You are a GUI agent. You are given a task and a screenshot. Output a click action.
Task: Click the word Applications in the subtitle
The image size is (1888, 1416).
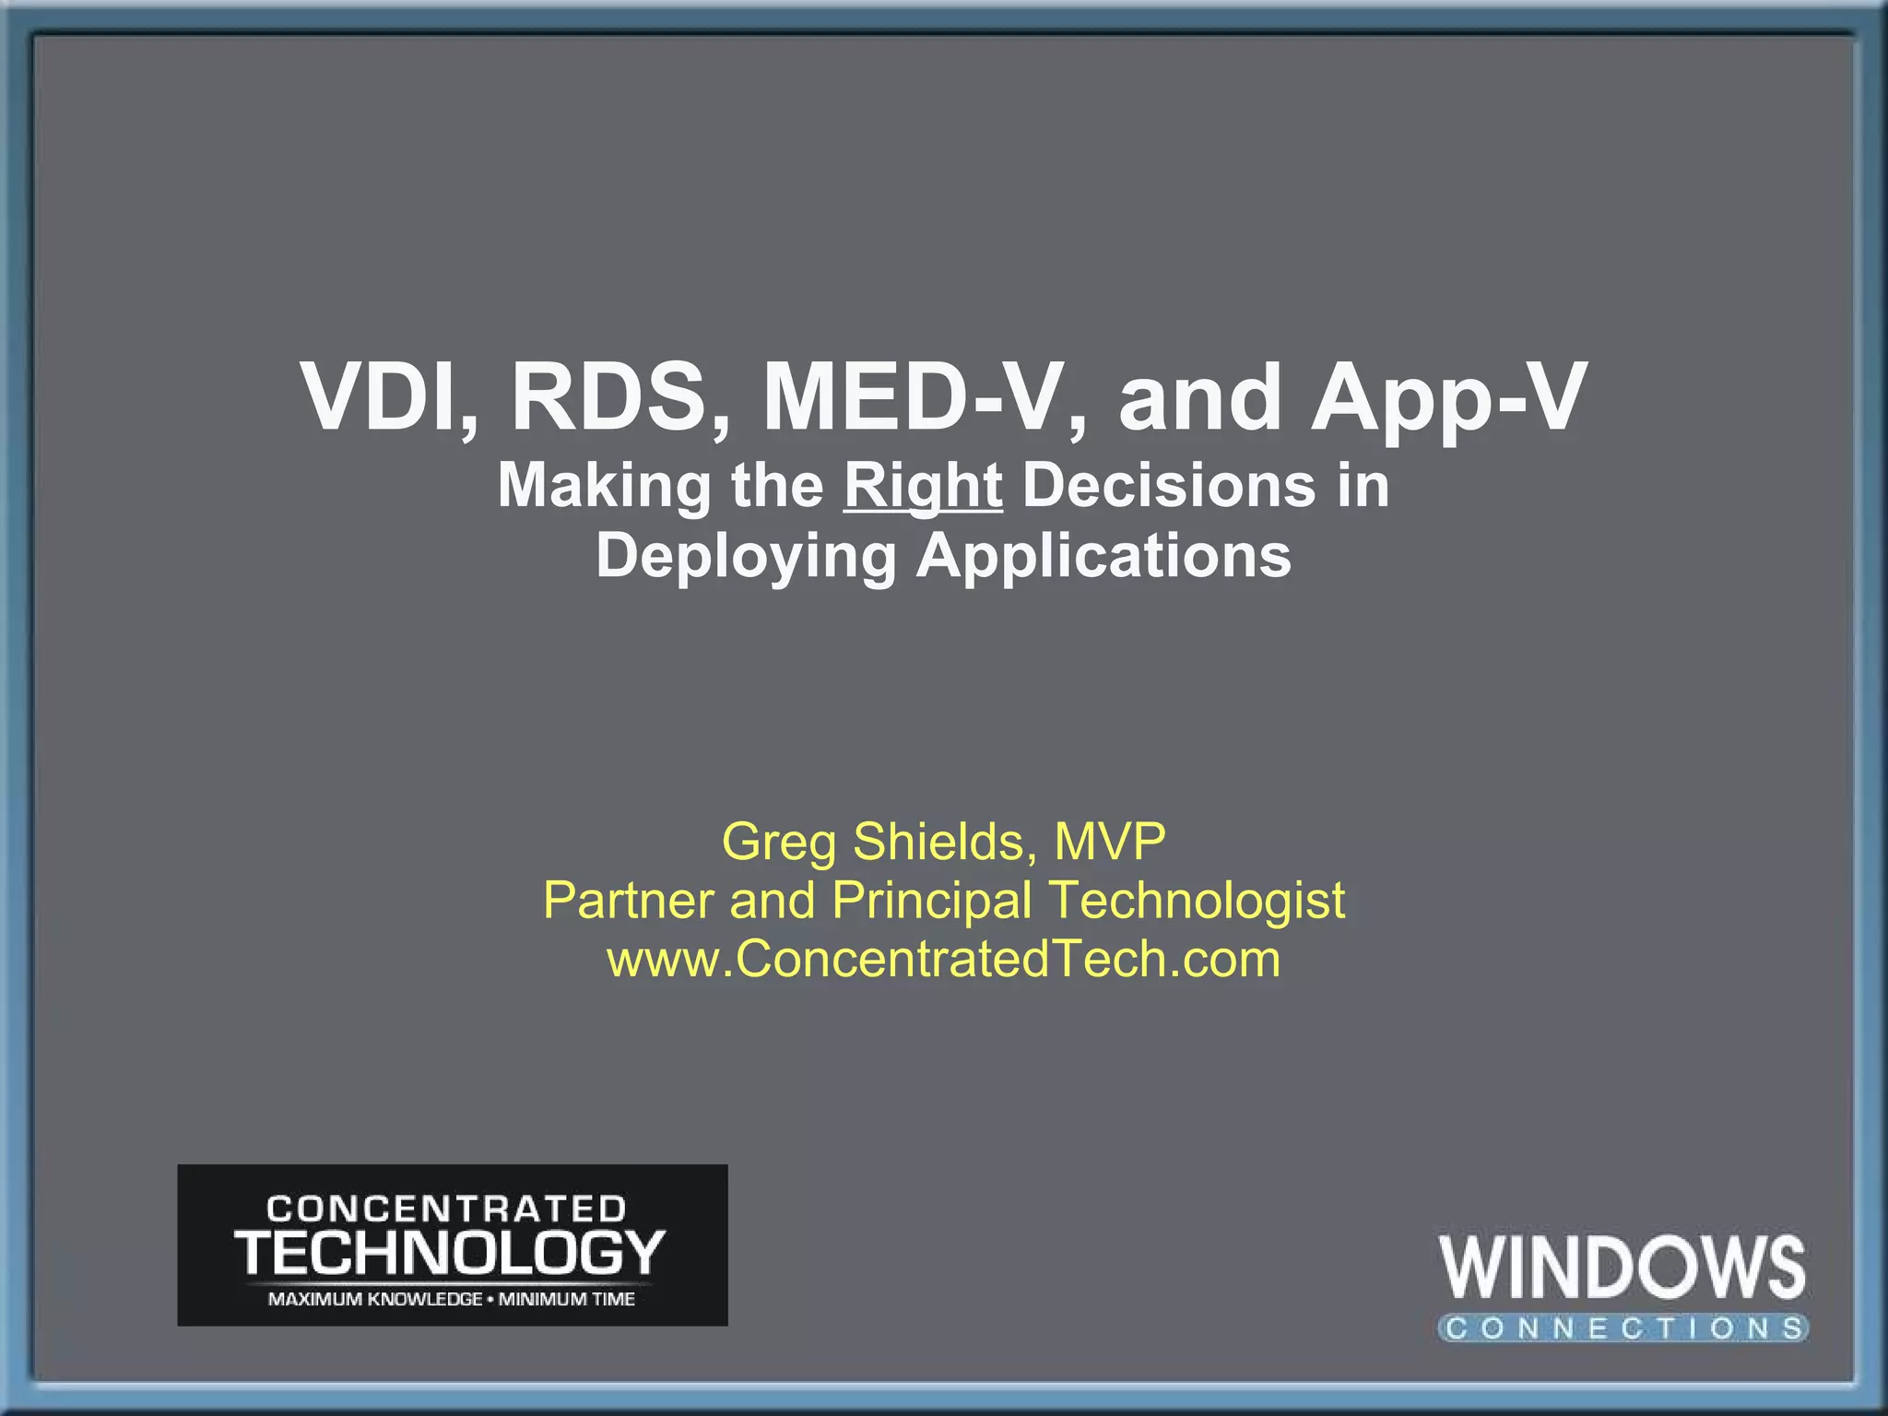click(1103, 556)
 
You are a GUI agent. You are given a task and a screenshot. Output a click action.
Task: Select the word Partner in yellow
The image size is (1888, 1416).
click(628, 900)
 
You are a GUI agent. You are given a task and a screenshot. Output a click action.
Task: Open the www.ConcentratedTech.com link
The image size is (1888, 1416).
click(943, 959)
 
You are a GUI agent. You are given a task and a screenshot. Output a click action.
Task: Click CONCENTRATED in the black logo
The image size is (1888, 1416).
click(447, 1209)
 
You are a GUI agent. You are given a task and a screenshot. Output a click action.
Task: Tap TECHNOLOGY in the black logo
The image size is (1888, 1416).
click(450, 1253)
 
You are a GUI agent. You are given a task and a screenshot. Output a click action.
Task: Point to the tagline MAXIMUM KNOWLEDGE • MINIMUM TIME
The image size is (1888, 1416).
click(451, 1299)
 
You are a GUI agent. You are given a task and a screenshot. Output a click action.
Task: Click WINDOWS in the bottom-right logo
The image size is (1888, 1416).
click(1622, 1268)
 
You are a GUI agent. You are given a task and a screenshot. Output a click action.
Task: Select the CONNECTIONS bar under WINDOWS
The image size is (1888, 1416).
click(1622, 1328)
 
